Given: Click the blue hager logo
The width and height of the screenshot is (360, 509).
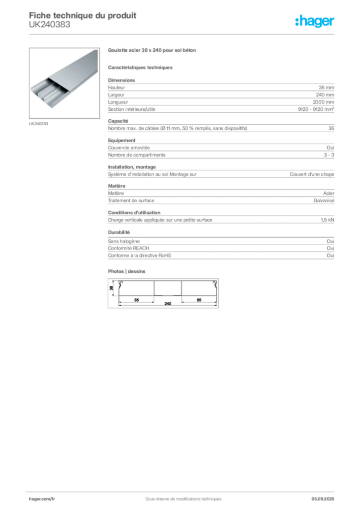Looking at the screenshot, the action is [315, 21].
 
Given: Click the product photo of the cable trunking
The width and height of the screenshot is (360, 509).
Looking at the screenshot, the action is [63, 80].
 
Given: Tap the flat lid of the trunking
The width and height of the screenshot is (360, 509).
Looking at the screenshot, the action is [75, 70].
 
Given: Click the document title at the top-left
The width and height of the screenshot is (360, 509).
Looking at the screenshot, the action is [83, 15].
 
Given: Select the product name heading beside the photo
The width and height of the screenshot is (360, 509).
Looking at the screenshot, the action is [153, 51].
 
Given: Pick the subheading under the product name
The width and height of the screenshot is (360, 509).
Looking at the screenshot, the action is [141, 67].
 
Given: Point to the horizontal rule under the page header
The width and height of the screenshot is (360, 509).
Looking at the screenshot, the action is [182, 33].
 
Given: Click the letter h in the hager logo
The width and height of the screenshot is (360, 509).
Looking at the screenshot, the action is [298, 21].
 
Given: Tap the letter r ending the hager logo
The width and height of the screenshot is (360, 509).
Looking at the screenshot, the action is [334, 22].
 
